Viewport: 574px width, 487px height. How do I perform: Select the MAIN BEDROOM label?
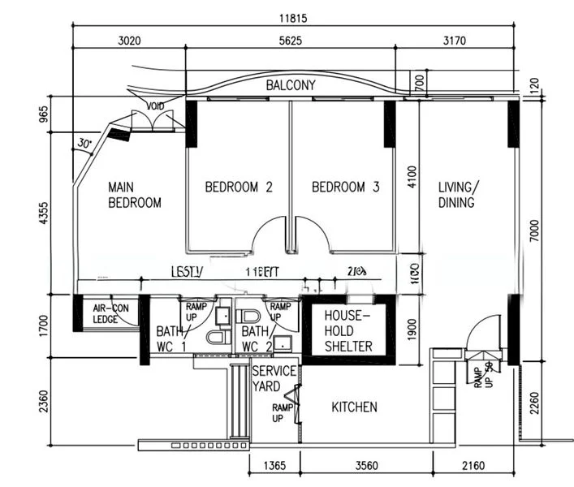pos(134,195)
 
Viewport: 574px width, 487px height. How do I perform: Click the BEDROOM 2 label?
pos(238,187)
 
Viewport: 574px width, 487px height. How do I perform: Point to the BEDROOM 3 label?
pos(345,187)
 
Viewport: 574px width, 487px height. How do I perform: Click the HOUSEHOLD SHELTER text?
pos(347,330)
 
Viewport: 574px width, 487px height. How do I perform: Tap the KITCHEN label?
pos(354,407)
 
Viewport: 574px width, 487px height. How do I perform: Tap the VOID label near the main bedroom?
pos(154,106)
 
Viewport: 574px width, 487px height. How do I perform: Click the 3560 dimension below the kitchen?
pos(366,467)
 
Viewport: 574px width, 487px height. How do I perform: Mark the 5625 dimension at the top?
pos(290,38)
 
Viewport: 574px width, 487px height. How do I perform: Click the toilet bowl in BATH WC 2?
pos(249,315)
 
